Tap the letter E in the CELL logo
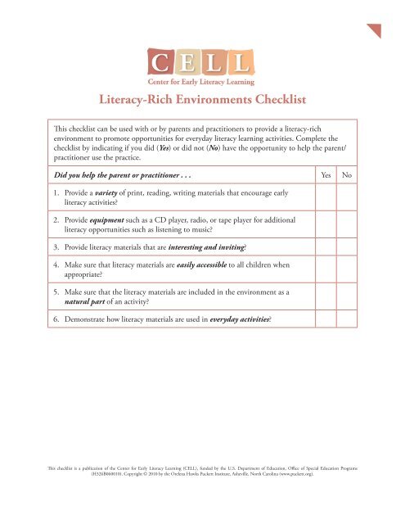tap(186, 61)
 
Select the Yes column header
tap(325, 175)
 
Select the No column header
tap(347, 175)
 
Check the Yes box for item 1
tap(325, 201)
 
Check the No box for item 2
tap(347, 230)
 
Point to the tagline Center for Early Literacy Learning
tap(201, 81)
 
